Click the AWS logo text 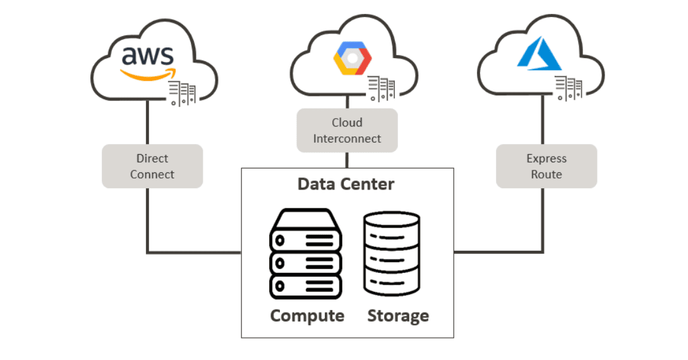click(147, 56)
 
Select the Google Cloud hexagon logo click(352, 59)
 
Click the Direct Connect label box click(152, 166)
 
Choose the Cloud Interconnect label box click(347, 130)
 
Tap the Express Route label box click(546, 166)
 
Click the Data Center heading click(346, 184)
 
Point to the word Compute click(307, 316)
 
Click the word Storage click(398, 316)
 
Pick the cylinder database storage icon click(392, 254)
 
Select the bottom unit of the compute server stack click(306, 285)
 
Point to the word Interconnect click(347, 138)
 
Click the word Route click(546, 174)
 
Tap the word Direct click(152, 159)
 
